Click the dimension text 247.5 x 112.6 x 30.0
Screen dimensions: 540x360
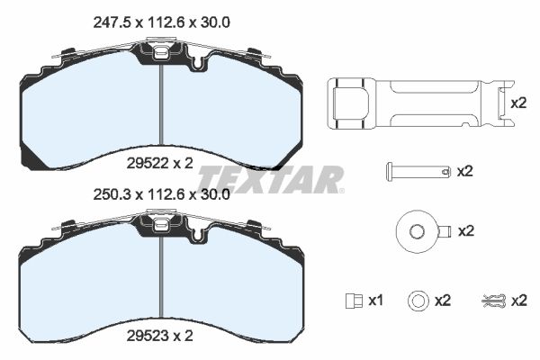point(161,22)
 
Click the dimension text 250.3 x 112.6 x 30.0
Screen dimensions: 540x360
point(161,195)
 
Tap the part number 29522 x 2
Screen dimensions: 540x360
point(160,163)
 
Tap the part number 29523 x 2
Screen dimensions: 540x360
point(160,336)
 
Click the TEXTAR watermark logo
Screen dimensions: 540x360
point(271,179)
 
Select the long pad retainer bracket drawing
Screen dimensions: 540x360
point(420,103)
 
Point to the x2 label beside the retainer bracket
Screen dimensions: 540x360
point(518,103)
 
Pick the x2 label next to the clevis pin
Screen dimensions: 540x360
point(465,171)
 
